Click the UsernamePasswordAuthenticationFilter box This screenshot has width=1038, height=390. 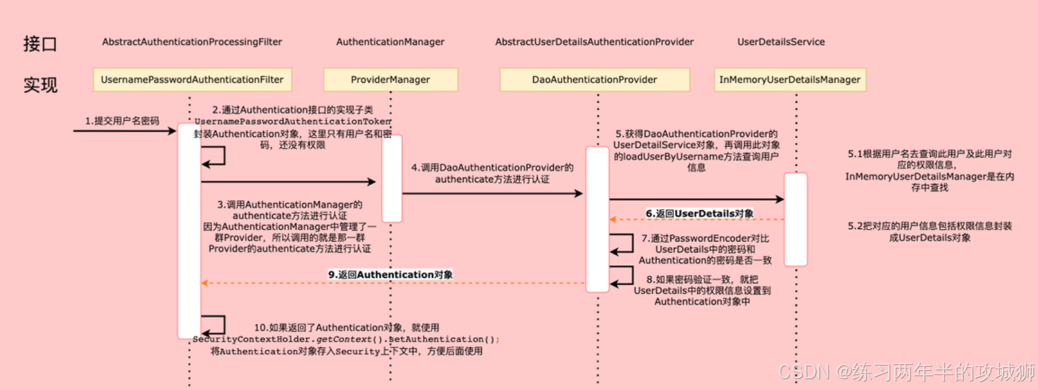[x=192, y=79]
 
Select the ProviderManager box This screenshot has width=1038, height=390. [x=390, y=79]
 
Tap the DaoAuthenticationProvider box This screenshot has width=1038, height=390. [x=594, y=79]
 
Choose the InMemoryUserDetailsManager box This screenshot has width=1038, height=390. [x=789, y=79]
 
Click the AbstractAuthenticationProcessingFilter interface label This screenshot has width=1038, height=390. [x=192, y=42]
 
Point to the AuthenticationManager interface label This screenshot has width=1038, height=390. [x=390, y=42]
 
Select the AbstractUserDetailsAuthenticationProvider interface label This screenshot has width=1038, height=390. [x=594, y=42]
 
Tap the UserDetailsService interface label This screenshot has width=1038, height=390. [x=781, y=42]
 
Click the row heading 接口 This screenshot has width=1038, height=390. [x=40, y=44]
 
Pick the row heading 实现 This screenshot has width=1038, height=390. [x=40, y=85]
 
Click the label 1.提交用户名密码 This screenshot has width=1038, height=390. [x=122, y=121]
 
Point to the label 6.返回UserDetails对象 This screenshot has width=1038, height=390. [x=699, y=213]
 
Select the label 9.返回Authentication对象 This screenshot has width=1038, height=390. [x=390, y=275]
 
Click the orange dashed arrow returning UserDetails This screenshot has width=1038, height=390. [x=697, y=220]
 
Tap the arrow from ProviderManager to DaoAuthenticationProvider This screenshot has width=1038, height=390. [x=493, y=193]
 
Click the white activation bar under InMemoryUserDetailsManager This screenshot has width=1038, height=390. [x=796, y=219]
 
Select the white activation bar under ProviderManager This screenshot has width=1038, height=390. [x=392, y=178]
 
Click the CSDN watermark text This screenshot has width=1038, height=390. [x=906, y=372]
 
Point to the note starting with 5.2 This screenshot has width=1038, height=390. [x=929, y=231]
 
